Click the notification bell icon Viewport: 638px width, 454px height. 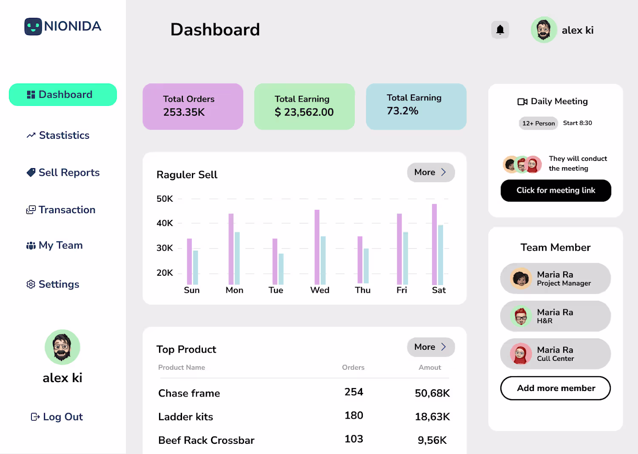tap(500, 30)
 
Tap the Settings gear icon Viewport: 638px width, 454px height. tap(31, 284)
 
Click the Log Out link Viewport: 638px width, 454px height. tap(57, 417)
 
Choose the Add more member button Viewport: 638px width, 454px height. tap(555, 388)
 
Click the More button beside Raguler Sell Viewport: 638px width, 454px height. tap(430, 172)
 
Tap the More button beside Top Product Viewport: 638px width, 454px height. tap(430, 347)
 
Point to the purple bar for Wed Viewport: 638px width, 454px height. tap(317, 247)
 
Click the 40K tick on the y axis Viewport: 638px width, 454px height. tap(165, 223)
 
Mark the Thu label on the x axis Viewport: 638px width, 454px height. tap(363, 290)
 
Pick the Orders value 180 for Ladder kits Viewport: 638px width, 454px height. tap(354, 416)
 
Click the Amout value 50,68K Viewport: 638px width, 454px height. tap(432, 393)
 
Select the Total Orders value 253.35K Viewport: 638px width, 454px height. tap(184, 112)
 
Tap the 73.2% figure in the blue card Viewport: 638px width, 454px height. tap(402, 111)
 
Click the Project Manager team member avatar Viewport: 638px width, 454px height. tap(521, 279)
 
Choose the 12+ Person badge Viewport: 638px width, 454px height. tap(538, 123)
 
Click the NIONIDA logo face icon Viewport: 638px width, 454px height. tap(33, 26)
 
